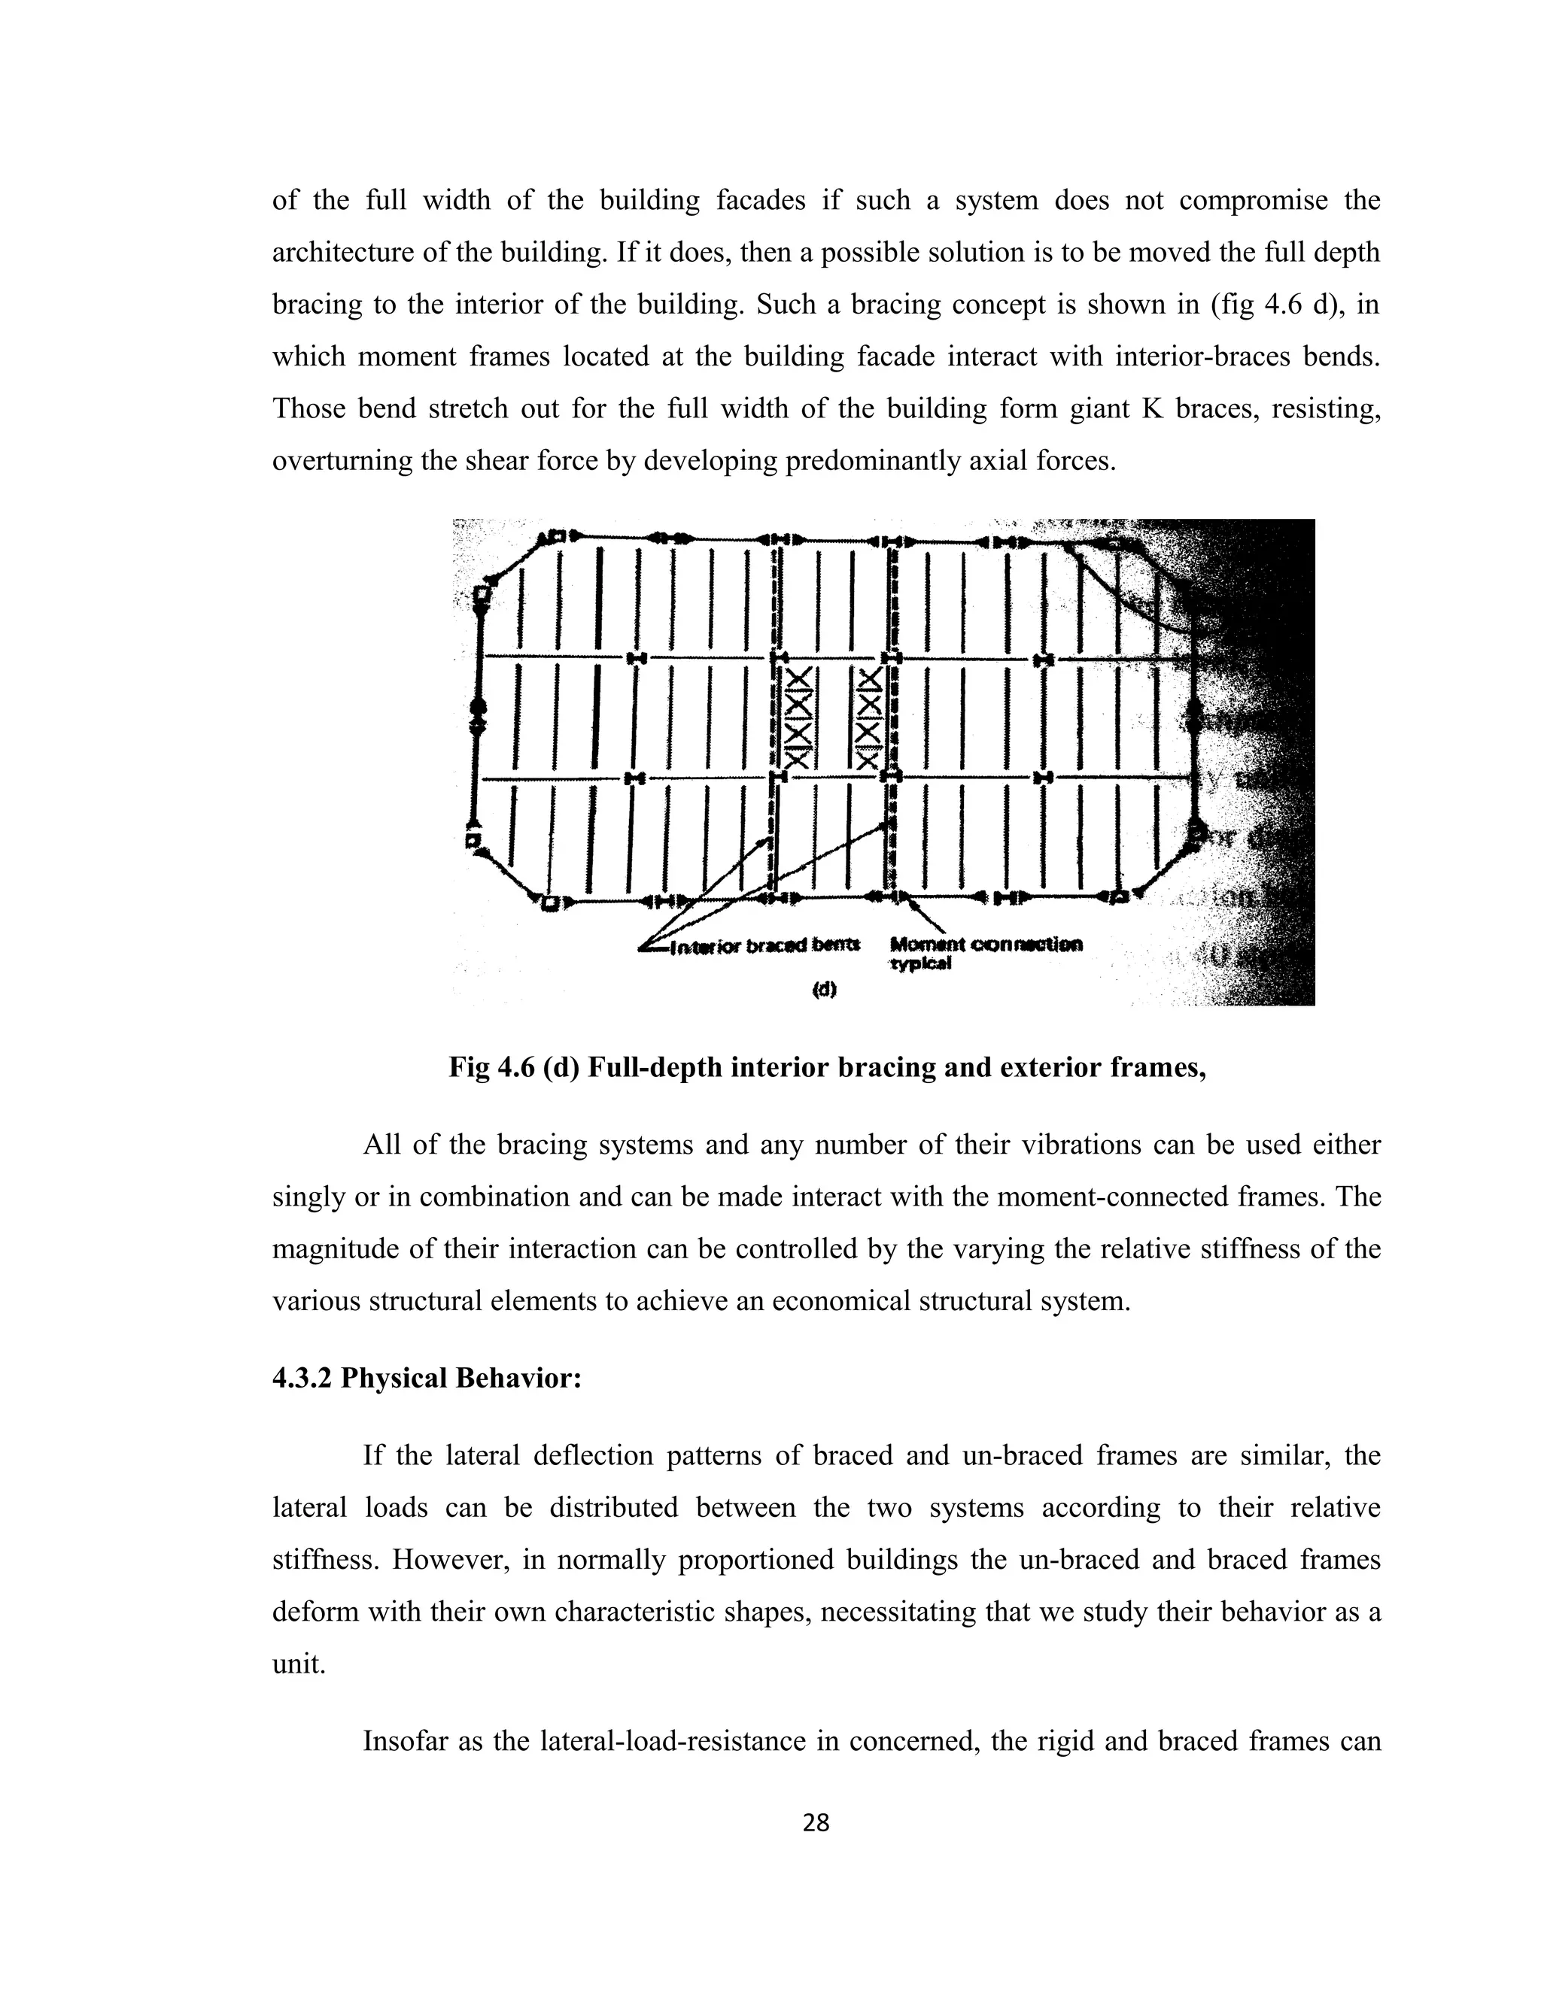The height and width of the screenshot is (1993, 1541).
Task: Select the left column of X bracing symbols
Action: pyautogui.click(x=798, y=717)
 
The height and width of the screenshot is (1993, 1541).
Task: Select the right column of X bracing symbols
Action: pyautogui.click(x=868, y=717)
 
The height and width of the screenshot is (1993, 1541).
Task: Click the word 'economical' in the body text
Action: pyautogui.click(x=840, y=1300)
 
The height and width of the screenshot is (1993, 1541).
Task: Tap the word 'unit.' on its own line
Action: pyautogui.click(x=299, y=1664)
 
